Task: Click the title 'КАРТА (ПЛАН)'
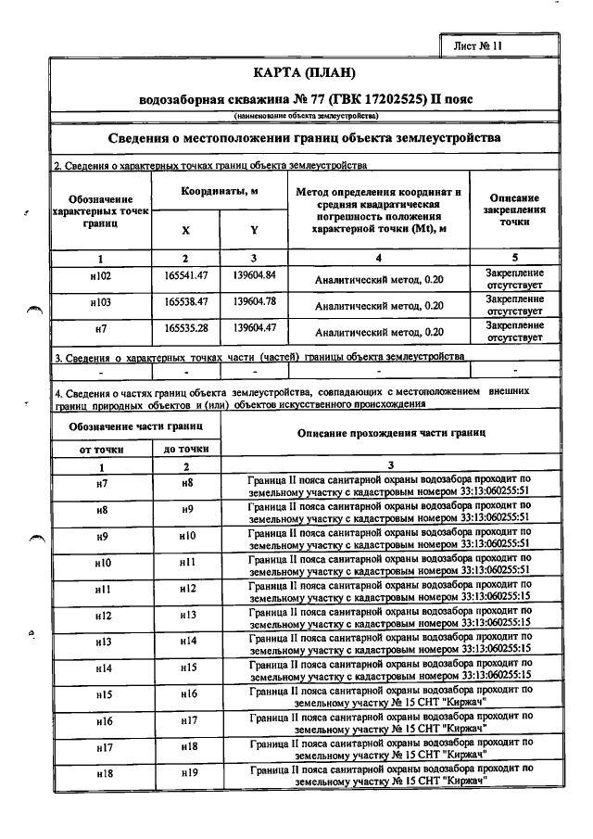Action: pyautogui.click(x=304, y=71)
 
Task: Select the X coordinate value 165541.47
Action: pyautogui.click(x=185, y=275)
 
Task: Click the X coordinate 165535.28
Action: pyautogui.click(x=185, y=327)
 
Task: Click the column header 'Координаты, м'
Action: pyautogui.click(x=220, y=191)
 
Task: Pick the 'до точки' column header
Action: pyautogui.click(x=186, y=449)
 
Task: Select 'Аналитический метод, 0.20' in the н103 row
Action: pyautogui.click(x=379, y=305)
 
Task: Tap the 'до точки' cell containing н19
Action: pyautogui.click(x=186, y=773)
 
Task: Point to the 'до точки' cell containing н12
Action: pyautogui.click(x=186, y=589)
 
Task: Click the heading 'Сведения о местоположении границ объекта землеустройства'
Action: pyautogui.click(x=304, y=137)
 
